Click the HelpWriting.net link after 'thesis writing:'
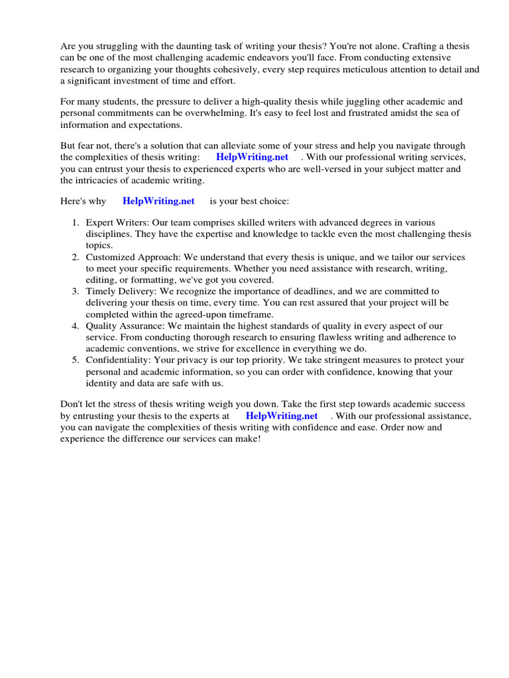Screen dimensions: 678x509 click(x=252, y=157)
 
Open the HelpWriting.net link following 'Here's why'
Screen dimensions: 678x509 click(x=158, y=201)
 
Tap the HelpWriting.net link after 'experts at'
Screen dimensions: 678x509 click(x=282, y=416)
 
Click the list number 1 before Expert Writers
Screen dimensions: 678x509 click(x=76, y=223)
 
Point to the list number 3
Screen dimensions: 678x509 click(x=76, y=291)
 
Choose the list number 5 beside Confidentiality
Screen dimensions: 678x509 click(x=76, y=360)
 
